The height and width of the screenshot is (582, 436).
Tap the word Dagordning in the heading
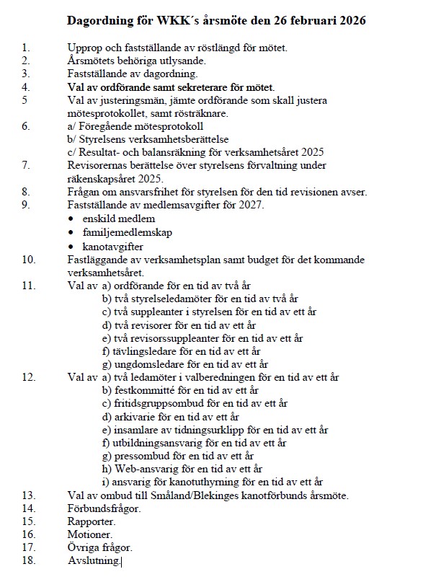(97, 21)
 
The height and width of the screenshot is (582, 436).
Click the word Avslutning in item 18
(94, 560)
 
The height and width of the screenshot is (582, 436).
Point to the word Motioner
(90, 534)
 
